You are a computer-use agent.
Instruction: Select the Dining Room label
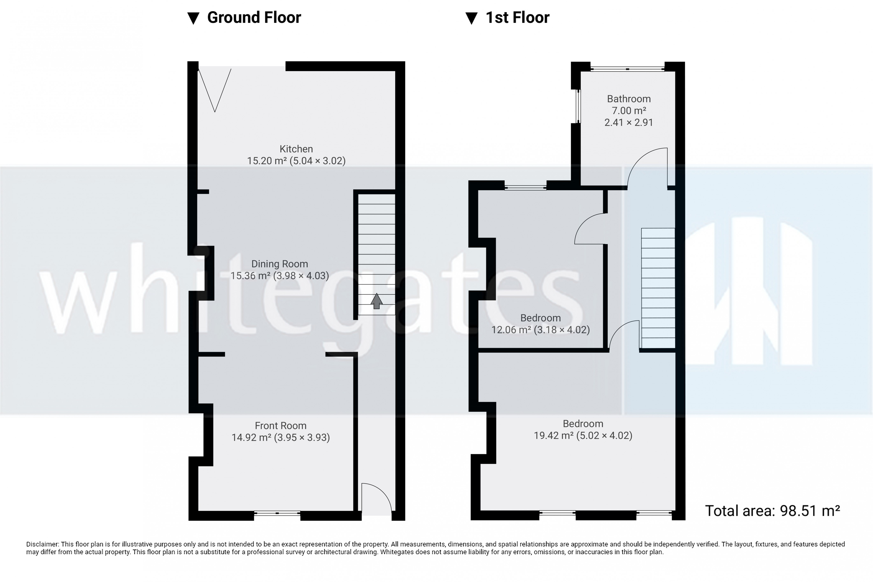pyautogui.click(x=279, y=264)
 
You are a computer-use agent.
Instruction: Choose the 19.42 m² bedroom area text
pyautogui.click(x=583, y=435)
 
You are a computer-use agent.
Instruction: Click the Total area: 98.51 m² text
pyautogui.click(x=772, y=511)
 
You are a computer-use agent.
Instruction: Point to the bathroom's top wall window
pyautogui.click(x=627, y=69)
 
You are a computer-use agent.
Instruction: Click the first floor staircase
pyautogui.click(x=658, y=288)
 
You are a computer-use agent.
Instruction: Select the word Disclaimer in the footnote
pyautogui.click(x=42, y=544)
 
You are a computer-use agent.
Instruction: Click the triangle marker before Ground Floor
pyautogui.click(x=193, y=18)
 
